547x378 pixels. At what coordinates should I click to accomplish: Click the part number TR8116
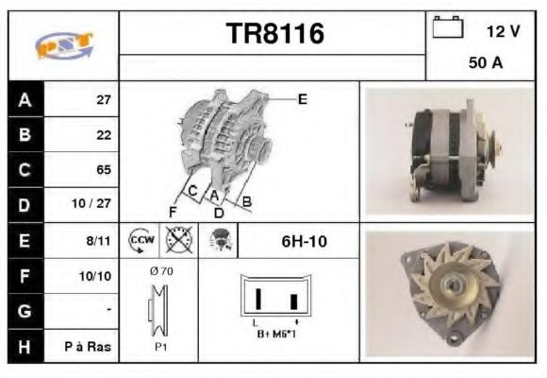pos(275,35)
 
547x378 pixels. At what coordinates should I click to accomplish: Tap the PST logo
pos(63,45)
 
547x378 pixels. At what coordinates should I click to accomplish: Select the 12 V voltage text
pos(503,30)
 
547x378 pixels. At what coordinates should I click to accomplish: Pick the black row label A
pos(24,99)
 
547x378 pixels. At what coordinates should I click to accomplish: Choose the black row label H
pos(24,347)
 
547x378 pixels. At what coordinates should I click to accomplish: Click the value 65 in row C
pos(104,170)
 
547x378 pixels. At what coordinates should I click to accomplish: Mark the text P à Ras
pos(91,347)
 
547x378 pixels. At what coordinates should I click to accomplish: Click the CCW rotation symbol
pos(141,240)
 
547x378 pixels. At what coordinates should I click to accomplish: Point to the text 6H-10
pos(305,241)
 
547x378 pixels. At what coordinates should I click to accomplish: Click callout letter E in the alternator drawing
pos(302,97)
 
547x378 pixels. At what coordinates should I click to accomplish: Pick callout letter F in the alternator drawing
pos(173,210)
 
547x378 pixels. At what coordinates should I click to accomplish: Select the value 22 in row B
pos(104,134)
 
